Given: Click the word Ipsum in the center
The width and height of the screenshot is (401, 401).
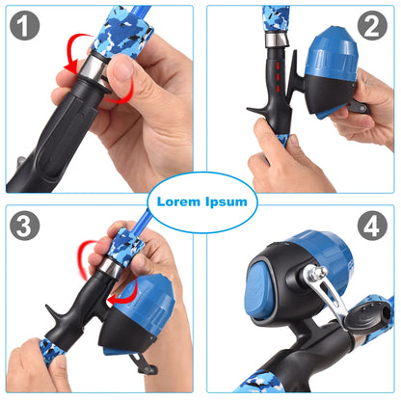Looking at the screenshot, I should click(227, 201).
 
